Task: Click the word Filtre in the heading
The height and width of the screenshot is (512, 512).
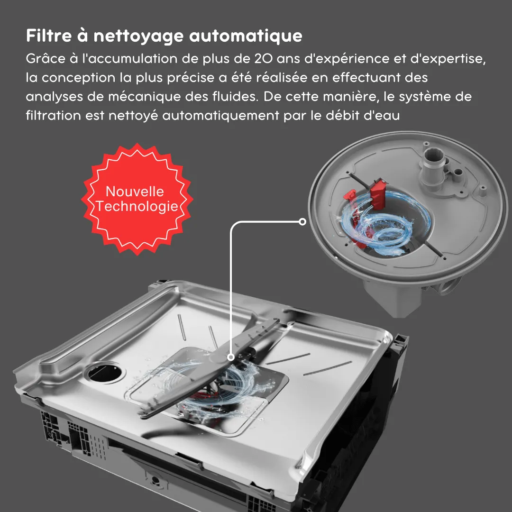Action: coord(49,35)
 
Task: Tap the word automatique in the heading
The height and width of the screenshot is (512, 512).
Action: coord(246,36)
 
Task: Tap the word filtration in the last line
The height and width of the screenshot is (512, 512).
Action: coord(53,116)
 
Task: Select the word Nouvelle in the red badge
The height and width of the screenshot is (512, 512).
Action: coord(135,192)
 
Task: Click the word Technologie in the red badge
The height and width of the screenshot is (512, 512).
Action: coord(137,206)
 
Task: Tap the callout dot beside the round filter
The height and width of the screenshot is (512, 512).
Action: coord(302,222)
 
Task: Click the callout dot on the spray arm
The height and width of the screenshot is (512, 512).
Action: coord(231,357)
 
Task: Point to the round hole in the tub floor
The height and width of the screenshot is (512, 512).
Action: coord(105,372)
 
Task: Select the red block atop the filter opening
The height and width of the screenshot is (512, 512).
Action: coord(378,193)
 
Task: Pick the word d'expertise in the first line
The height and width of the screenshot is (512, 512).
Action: coord(448,59)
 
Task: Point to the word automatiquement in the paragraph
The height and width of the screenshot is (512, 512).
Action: coord(221,116)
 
